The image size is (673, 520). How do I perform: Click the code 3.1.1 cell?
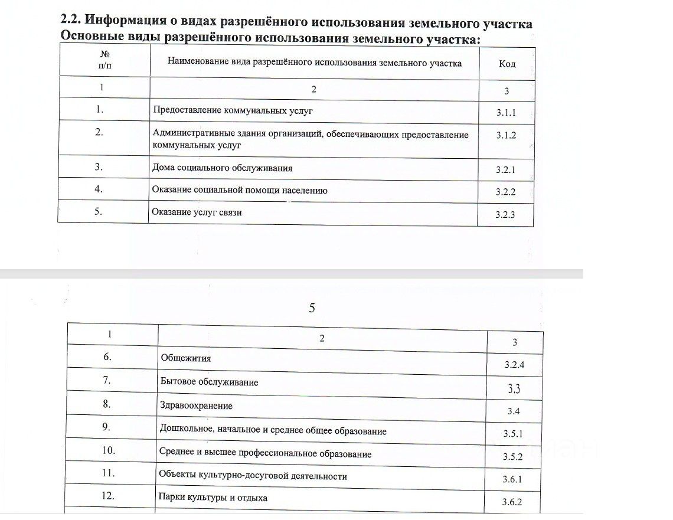(506, 113)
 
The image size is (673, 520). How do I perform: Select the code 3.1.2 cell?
(506, 135)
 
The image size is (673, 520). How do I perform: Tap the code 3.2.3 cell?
(505, 214)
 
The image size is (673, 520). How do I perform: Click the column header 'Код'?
(507, 64)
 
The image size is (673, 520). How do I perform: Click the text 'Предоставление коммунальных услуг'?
(233, 110)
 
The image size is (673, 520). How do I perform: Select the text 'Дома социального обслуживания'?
(223, 168)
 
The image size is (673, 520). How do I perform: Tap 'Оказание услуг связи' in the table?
(197, 212)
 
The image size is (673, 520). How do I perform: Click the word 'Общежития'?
(185, 358)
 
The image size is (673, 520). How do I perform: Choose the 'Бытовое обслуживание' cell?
(209, 382)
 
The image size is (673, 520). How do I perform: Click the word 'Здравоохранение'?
(196, 406)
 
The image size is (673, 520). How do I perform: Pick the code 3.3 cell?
(514, 388)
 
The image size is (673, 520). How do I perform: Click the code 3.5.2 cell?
(513, 457)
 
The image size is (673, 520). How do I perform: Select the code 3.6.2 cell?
(512, 502)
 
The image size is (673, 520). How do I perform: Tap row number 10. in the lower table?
(108, 450)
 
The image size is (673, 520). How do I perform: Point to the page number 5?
(312, 308)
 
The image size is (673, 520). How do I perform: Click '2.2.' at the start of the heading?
(71, 19)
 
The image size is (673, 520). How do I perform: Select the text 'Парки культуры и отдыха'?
(213, 498)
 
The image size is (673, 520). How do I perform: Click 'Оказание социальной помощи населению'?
(240, 191)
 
